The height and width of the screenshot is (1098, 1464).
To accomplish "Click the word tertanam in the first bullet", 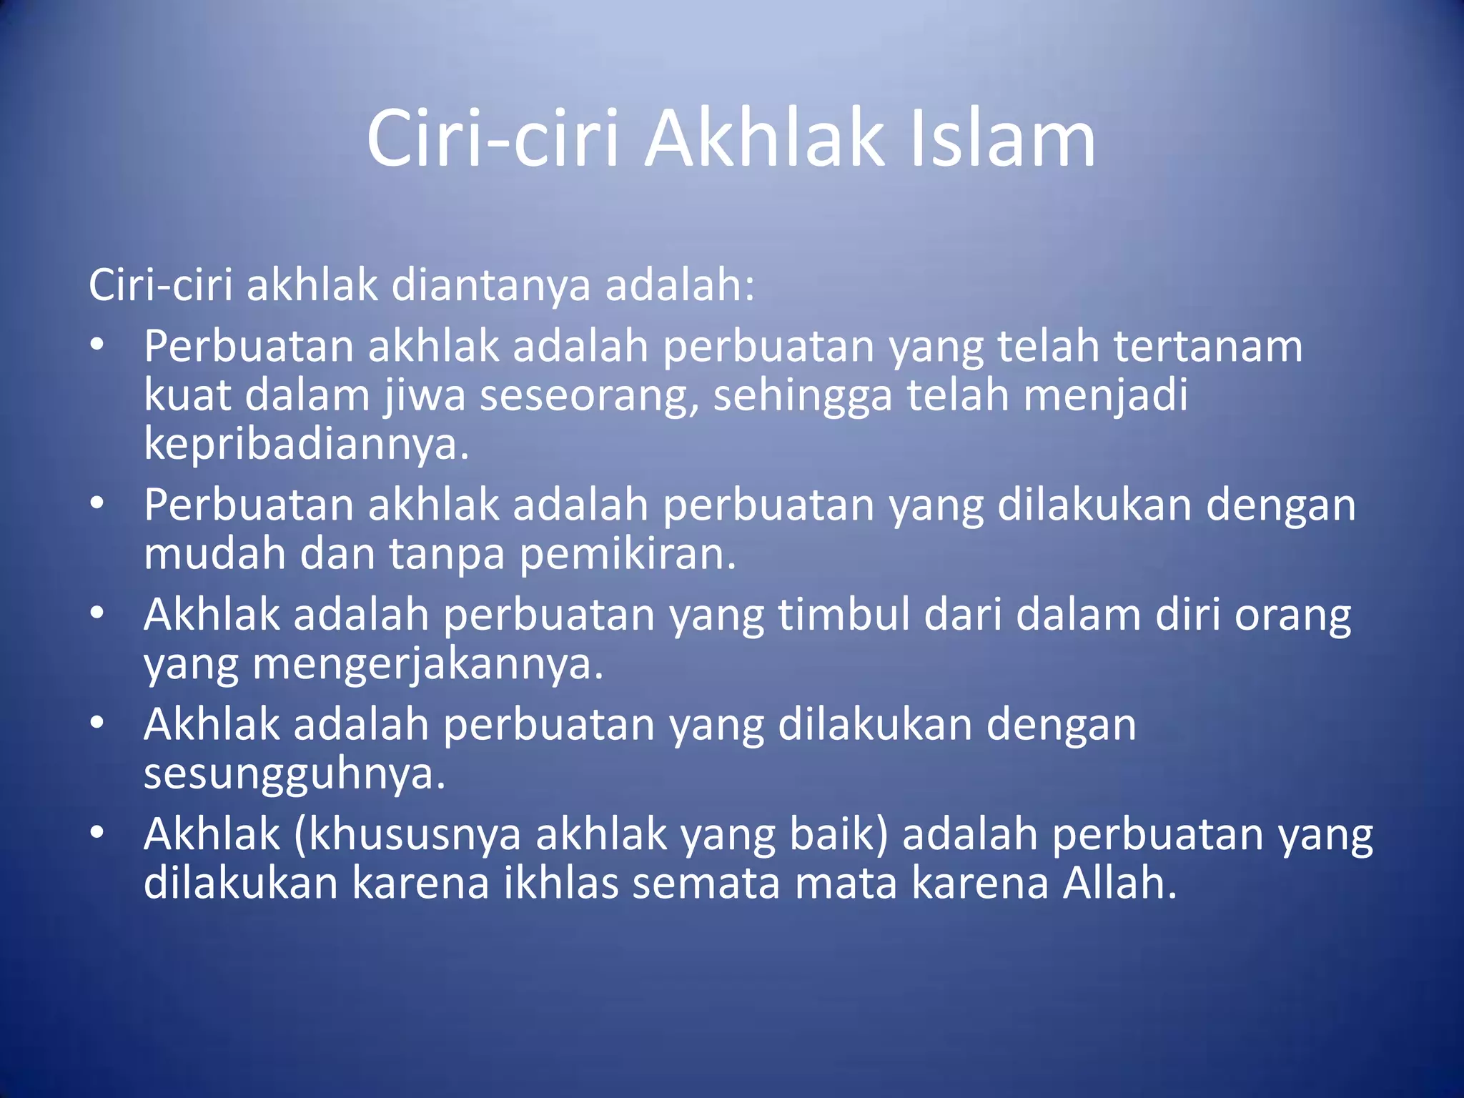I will tap(1207, 347).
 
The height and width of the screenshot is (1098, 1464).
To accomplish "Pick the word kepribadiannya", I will tap(306, 445).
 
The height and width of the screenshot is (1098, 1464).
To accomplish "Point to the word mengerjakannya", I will tap(429, 665).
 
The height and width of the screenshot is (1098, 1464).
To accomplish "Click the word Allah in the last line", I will tap(1119, 884).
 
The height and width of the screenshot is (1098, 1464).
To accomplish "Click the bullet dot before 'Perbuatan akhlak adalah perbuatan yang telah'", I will tap(98, 345).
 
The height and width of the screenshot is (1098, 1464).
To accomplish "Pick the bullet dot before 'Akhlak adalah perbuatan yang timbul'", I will tap(98, 613).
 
